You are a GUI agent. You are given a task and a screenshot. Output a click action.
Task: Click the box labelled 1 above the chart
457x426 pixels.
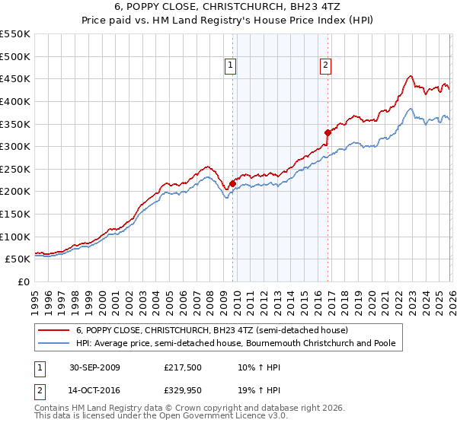coord(230,66)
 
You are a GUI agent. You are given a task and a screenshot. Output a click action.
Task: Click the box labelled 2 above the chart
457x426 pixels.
coord(325,66)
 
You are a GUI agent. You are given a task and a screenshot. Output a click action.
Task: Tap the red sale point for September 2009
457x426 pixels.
coord(232,183)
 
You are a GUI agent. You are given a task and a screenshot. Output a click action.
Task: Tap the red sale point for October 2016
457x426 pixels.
coord(328,132)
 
